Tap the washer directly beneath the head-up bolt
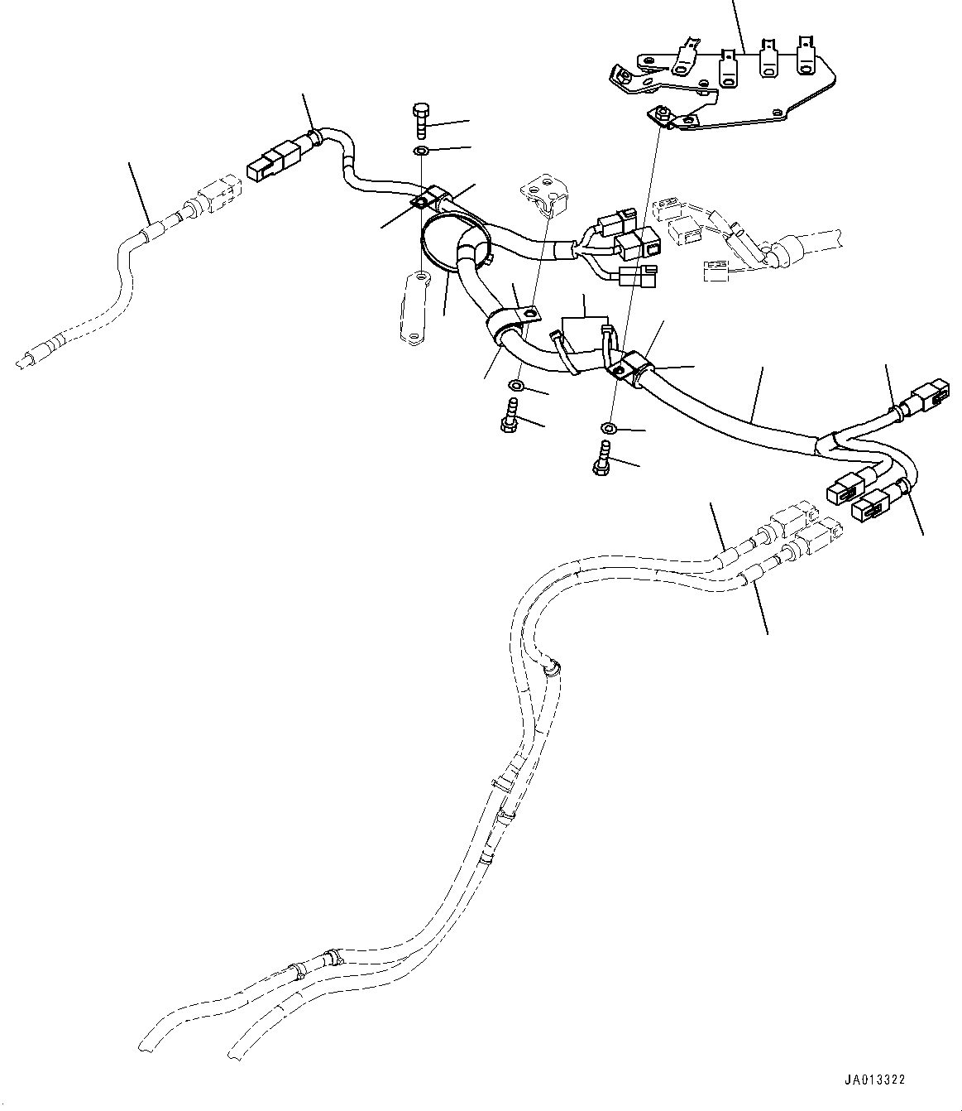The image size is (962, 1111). [x=420, y=151]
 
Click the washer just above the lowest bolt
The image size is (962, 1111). [x=608, y=428]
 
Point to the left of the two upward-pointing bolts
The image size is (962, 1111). [x=509, y=414]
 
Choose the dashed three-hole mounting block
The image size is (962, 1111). [x=542, y=194]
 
